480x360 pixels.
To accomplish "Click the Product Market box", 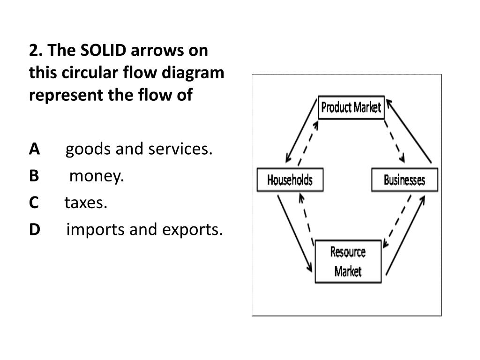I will point(351,108).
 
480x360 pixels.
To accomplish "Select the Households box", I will point(290,180).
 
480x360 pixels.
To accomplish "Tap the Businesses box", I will point(405,180).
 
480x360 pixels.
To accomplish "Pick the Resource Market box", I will point(348,262).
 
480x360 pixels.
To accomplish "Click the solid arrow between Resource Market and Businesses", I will point(406,234).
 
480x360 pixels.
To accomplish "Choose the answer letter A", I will point(34,150).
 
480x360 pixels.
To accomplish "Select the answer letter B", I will point(34,176).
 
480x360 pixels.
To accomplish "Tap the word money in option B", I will point(97,176).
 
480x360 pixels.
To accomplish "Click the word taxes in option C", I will point(86,203).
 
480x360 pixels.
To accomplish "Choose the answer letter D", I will point(34,230).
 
